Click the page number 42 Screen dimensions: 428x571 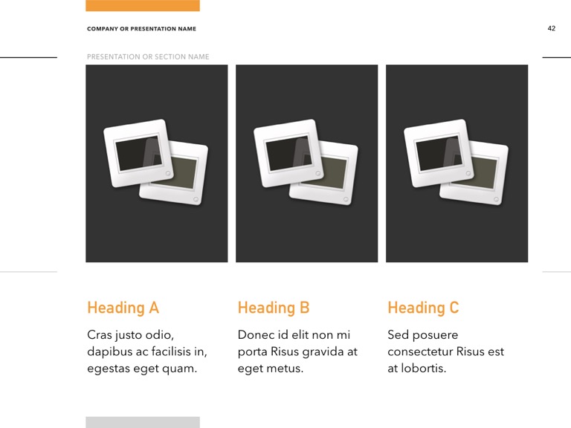coord(551,28)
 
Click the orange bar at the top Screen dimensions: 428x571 coord(143,5)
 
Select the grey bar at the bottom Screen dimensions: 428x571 coord(143,422)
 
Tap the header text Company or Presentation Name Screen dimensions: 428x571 coord(141,29)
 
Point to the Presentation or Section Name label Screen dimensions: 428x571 coord(148,56)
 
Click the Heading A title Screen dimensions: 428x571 coord(123,308)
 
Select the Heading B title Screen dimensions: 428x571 coord(273,308)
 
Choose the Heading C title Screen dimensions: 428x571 coord(423,308)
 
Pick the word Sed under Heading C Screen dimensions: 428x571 coord(399,335)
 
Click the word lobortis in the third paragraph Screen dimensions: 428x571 coord(423,368)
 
